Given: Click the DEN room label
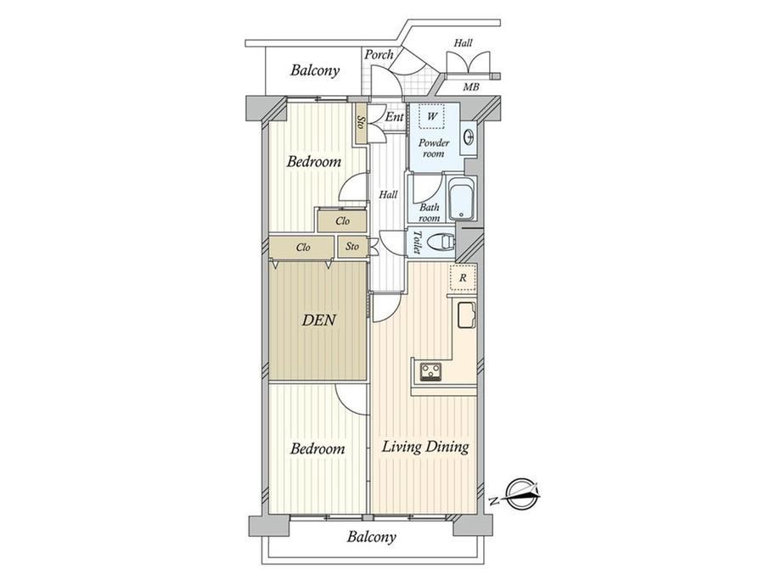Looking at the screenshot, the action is (319, 320).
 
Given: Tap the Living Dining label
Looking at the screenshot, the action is (425, 447).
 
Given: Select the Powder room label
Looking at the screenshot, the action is (433, 148).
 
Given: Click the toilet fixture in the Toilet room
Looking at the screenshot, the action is (441, 242).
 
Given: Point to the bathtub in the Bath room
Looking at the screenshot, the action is (462, 199).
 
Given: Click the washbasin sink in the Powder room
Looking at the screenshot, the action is (469, 136).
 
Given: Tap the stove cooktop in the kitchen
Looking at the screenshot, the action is (430, 371).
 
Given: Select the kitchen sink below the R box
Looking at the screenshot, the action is (466, 315).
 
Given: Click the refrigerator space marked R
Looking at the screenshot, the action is (463, 277).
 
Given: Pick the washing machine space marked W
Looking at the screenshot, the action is (432, 117).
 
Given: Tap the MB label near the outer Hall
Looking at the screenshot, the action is (470, 87).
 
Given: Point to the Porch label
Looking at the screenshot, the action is (379, 54).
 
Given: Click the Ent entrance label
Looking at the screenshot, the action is (395, 117).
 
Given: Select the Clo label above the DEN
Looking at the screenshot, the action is (303, 248).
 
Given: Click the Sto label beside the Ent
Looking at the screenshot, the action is (361, 123).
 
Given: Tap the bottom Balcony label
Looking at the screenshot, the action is (372, 537).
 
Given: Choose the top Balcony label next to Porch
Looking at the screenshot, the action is (315, 70).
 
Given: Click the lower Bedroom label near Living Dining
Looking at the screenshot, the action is (317, 448).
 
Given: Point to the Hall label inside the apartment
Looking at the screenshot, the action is (388, 194).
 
